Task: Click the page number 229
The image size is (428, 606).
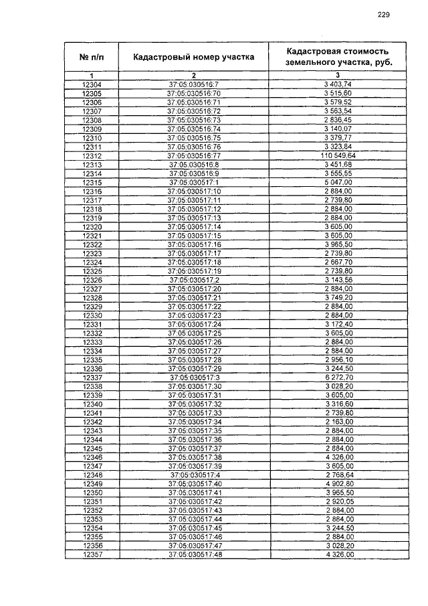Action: coord(383,15)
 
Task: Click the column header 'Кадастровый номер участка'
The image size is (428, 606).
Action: coord(193,57)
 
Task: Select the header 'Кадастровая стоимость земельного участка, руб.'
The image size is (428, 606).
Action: coord(337,56)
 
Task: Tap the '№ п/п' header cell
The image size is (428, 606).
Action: coord(92,57)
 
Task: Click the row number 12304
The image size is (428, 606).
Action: coord(92,84)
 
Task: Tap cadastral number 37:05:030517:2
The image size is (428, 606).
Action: coord(193,280)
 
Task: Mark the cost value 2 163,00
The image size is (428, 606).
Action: coord(338,423)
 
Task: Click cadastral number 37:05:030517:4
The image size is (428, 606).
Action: coord(193,475)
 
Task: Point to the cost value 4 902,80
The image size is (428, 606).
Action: coord(338,484)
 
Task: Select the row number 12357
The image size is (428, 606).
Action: coord(92,555)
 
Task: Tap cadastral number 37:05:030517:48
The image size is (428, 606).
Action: coord(193,555)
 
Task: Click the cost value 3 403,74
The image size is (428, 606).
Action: coord(338,84)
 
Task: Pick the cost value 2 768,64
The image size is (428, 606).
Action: coord(338,475)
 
